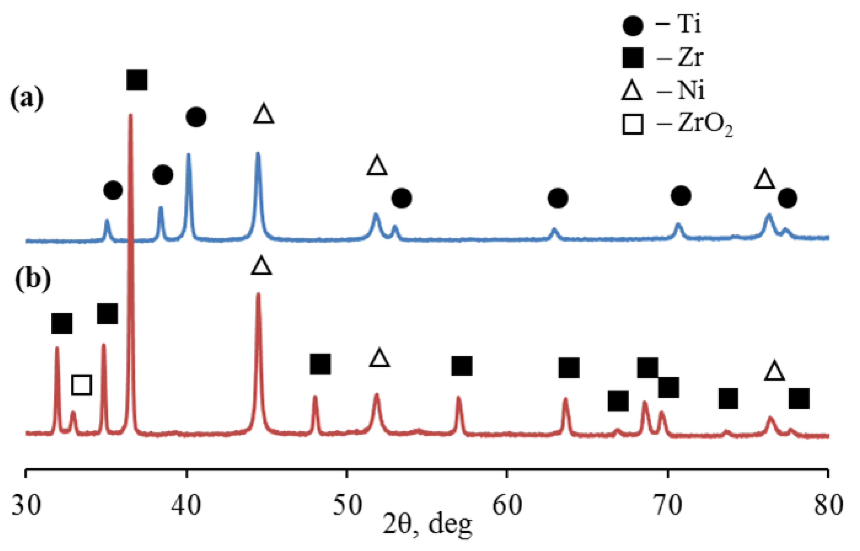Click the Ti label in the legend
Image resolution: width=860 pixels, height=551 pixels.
pyautogui.click(x=689, y=25)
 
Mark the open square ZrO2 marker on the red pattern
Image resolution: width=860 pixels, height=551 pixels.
pyautogui.click(x=82, y=385)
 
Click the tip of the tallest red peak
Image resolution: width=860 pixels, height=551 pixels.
pyautogui.click(x=130, y=115)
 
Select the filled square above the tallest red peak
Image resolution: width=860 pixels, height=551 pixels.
pyautogui.click(x=137, y=80)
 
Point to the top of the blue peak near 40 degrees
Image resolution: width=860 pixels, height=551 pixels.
pyautogui.click(x=189, y=154)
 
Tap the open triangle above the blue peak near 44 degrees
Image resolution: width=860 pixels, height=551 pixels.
pyautogui.click(x=264, y=114)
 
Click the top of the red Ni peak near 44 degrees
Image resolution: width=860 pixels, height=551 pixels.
pyautogui.click(x=259, y=294)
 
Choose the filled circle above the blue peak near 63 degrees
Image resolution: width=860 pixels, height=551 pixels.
pyautogui.click(x=558, y=198)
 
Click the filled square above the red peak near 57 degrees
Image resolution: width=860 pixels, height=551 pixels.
pyautogui.click(x=462, y=366)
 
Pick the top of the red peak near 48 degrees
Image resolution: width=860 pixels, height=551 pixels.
pyautogui.click(x=315, y=397)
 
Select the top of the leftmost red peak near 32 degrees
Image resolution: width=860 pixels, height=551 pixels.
pyautogui.click(x=57, y=348)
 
